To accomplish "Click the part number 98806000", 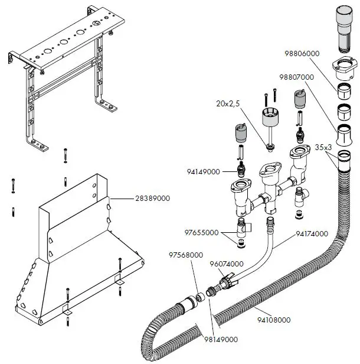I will click(x=301, y=53).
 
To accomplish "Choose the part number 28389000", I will click(x=151, y=199).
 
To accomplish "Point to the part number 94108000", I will click(x=273, y=320).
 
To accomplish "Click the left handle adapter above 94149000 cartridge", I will click(x=240, y=134).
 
